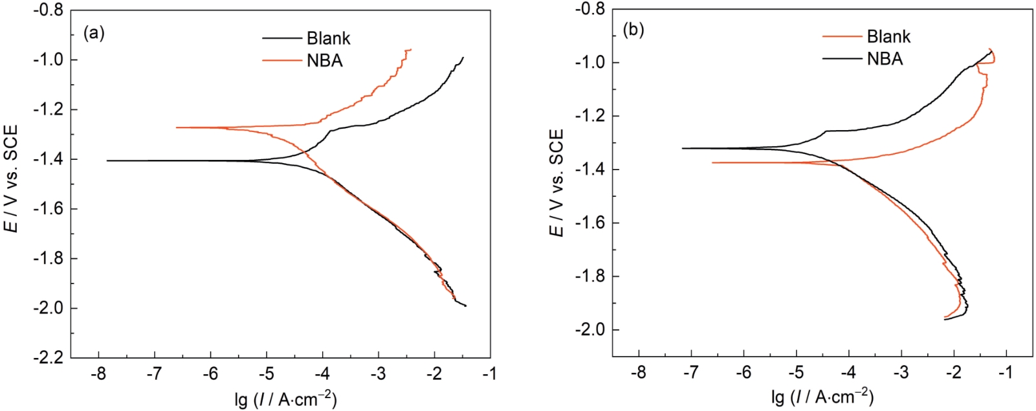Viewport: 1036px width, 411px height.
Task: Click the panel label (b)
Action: pyautogui.click(x=633, y=30)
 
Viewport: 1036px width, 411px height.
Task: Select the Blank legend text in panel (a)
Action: pyautogui.click(x=328, y=38)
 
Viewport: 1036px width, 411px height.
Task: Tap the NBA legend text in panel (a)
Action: pyautogui.click(x=324, y=61)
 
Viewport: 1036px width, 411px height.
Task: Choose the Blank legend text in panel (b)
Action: pyautogui.click(x=888, y=36)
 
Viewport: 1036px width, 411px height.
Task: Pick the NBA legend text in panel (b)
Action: pyautogui.click(x=885, y=59)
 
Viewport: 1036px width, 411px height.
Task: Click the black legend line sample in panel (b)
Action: pyautogui.click(x=842, y=59)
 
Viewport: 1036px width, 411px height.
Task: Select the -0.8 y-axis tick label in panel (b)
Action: pyautogui.click(x=589, y=9)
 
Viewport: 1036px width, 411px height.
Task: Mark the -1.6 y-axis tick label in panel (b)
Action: pyautogui.click(x=589, y=223)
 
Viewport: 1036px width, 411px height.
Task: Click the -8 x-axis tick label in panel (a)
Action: pyautogui.click(x=98, y=374)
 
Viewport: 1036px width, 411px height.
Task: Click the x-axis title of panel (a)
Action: pyautogui.click(x=285, y=399)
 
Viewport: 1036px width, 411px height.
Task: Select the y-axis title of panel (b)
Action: pyautogui.click(x=557, y=183)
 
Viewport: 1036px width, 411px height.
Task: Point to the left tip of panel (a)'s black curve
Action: pyautogui.click(x=107, y=161)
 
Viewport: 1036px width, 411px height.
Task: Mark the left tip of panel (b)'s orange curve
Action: pyautogui.click(x=712, y=162)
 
